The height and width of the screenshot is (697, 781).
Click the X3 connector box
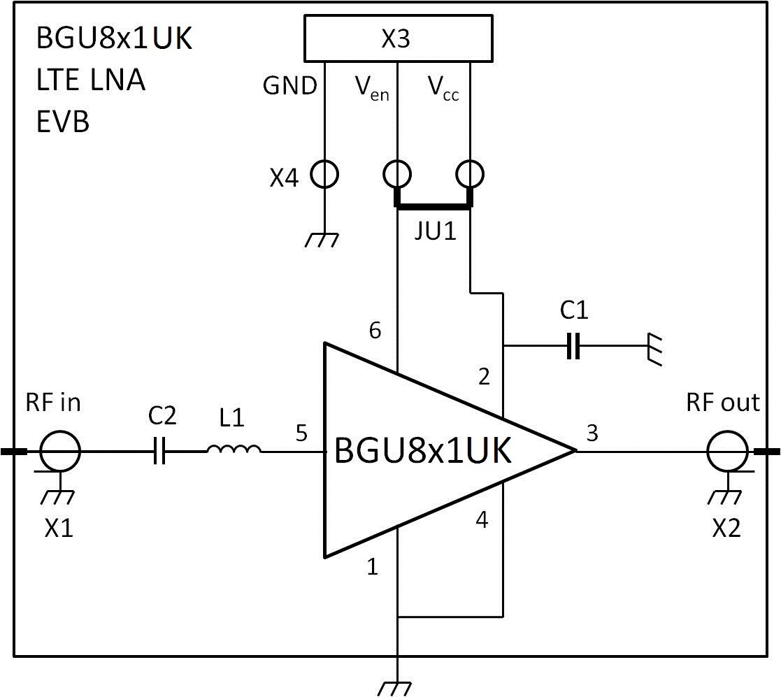398,39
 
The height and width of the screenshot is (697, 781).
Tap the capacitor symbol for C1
573,345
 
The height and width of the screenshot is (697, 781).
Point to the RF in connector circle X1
60,452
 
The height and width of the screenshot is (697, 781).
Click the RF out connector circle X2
727,452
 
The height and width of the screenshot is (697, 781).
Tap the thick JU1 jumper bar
434,205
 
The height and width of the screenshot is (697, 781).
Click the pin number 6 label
375,331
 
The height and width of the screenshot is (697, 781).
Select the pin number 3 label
592,433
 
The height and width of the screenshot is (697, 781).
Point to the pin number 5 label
301,433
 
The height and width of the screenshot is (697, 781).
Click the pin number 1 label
373,567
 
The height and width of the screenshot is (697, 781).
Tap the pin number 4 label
482,520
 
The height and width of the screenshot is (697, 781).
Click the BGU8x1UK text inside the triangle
424,451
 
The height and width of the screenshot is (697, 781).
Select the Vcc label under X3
443,89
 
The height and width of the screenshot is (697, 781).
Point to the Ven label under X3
371,89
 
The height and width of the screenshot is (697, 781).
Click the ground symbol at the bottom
396,688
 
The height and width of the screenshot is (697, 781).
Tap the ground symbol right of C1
655,347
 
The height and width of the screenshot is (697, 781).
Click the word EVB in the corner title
62,122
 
